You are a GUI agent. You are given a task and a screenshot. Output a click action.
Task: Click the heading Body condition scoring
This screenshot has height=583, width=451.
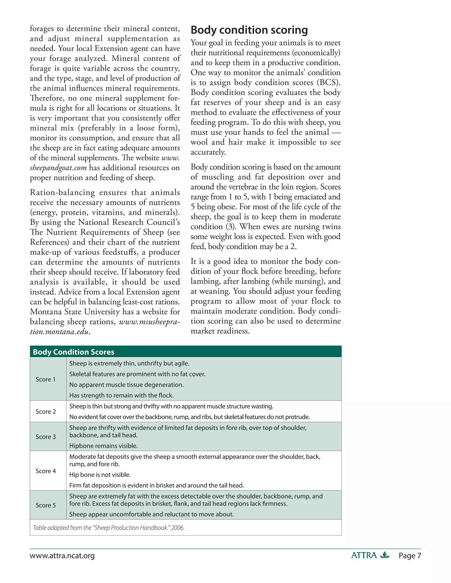[249, 30]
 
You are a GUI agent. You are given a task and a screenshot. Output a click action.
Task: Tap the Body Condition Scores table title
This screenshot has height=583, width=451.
[74, 352]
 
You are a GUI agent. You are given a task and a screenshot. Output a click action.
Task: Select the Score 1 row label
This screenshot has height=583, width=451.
[46, 379]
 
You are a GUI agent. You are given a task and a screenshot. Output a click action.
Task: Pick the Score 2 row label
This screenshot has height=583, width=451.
[46, 411]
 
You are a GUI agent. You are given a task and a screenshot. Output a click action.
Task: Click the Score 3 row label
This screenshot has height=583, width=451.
[46, 437]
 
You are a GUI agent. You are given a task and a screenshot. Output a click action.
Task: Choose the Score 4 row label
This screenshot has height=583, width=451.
[46, 471]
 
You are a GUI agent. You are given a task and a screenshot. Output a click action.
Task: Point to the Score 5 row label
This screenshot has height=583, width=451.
[46, 505]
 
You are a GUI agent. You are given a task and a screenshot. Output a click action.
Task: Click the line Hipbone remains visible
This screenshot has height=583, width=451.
[104, 446]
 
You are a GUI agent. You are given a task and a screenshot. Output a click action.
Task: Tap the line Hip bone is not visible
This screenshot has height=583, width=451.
[100, 475]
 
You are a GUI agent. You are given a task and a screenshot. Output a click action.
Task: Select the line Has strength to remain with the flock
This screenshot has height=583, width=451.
[122, 395]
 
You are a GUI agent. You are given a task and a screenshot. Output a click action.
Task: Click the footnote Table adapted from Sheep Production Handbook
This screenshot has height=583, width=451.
[109, 528]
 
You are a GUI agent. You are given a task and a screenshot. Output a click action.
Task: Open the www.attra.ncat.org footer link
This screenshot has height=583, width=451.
[62, 556]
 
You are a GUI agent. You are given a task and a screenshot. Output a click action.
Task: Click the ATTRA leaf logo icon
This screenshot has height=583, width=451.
[385, 555]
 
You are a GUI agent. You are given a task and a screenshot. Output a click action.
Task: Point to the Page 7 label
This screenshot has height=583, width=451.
[410, 556]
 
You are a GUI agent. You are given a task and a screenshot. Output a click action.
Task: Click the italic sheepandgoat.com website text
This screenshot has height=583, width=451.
[58, 168]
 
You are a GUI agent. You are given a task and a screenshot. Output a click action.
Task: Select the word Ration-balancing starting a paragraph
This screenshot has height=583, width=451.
[62, 192]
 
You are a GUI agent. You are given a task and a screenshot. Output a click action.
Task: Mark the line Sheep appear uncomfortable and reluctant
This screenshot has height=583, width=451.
[152, 514]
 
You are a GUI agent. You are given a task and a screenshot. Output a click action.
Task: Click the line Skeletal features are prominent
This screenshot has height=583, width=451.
[137, 374]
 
